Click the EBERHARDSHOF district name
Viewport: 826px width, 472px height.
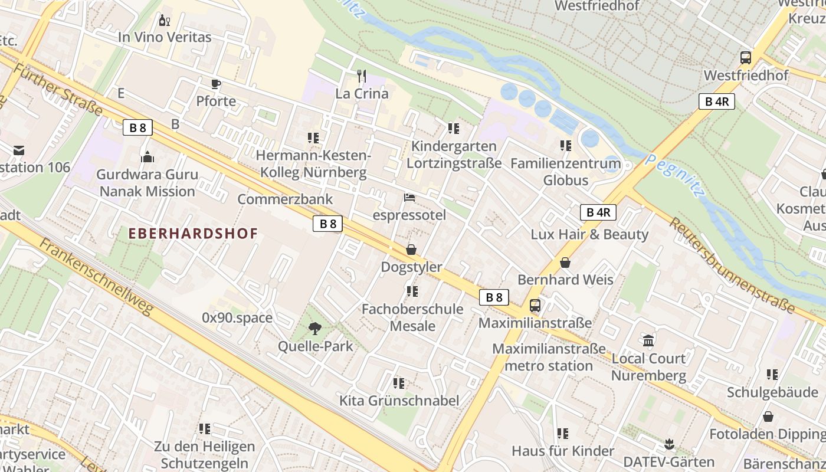[x=194, y=233]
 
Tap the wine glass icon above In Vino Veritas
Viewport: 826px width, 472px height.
[x=165, y=21]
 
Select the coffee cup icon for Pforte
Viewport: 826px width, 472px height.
[x=216, y=84]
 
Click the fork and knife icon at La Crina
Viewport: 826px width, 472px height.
[x=362, y=76]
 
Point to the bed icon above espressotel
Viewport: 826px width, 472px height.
[x=409, y=198]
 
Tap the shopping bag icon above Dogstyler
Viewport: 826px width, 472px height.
[x=411, y=250]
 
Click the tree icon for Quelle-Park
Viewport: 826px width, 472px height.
[x=315, y=329]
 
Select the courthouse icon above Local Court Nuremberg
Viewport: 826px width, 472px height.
[x=649, y=340]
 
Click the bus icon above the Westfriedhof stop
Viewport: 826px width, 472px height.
[x=746, y=58]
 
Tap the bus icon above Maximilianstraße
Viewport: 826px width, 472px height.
[x=535, y=306]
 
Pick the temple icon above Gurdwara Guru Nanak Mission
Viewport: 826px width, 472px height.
[x=147, y=157]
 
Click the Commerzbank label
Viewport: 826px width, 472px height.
[x=285, y=199]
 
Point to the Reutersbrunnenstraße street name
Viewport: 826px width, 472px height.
[x=732, y=264]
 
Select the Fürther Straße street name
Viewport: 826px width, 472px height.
[x=58, y=90]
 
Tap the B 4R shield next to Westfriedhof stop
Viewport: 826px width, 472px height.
[x=717, y=101]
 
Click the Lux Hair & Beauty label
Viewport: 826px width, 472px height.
[x=589, y=234]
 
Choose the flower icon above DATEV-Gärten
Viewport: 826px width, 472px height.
[x=669, y=444]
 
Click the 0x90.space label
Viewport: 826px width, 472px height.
[x=237, y=318]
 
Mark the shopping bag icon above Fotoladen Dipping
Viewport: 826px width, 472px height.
[x=768, y=417]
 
